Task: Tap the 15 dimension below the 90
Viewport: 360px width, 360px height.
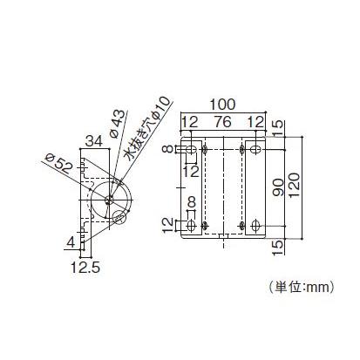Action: tap(277, 248)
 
